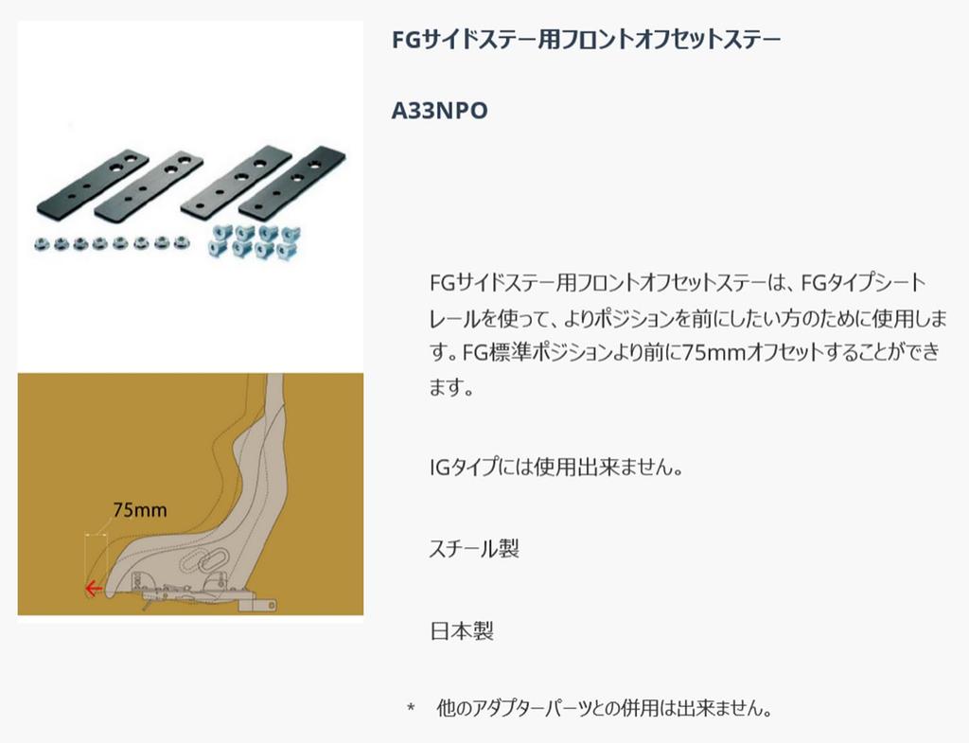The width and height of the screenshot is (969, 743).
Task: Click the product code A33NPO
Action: [x=439, y=111]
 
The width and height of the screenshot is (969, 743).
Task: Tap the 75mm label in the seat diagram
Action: [x=140, y=510]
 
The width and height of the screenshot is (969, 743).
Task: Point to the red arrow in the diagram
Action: [x=94, y=589]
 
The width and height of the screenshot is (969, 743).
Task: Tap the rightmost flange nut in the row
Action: [x=181, y=243]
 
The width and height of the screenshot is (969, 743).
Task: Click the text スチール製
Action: [x=474, y=548]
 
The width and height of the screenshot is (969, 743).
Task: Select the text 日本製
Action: [x=462, y=631]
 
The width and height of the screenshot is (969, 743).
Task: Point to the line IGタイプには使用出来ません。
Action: [x=556, y=467]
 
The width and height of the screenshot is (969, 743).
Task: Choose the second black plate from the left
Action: [x=149, y=185]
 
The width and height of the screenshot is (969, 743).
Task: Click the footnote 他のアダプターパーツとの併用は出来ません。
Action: [x=605, y=708]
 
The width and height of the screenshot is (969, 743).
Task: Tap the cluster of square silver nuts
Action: [x=255, y=241]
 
